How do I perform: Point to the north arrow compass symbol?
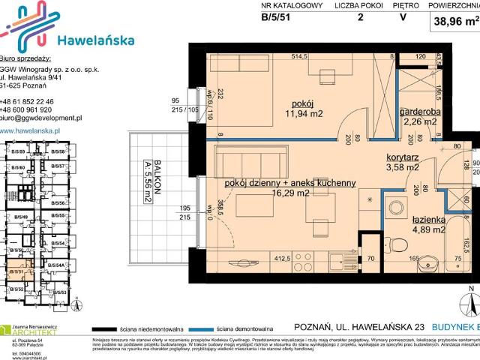click(470, 304)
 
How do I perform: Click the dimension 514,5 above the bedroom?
click(300, 56)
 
